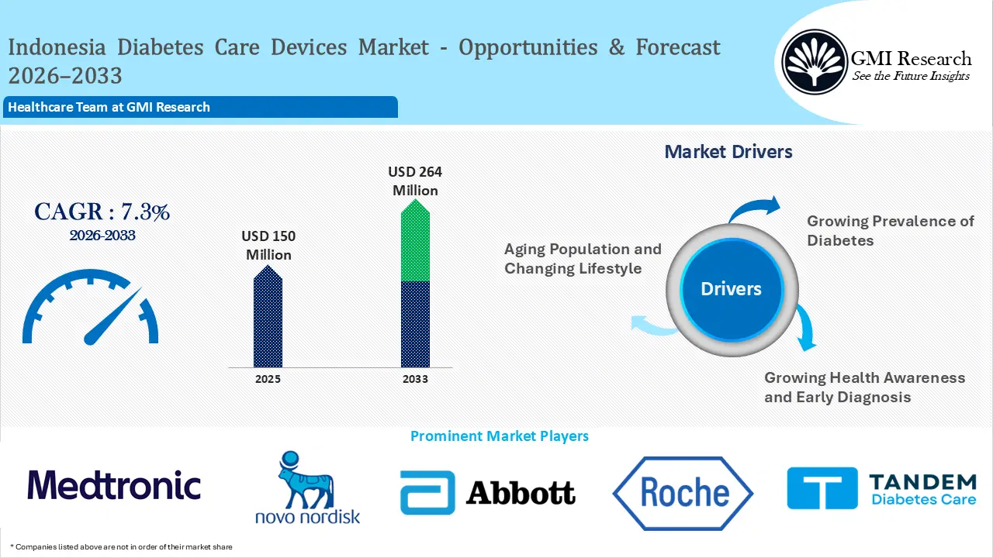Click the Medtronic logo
(114, 485)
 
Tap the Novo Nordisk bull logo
(307, 487)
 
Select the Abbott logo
(488, 492)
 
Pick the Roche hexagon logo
(683, 494)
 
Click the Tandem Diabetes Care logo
(882, 488)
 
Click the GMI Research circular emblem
(815, 62)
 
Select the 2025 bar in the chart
(268, 316)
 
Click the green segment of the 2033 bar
(415, 240)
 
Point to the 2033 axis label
(415, 379)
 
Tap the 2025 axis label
(268, 379)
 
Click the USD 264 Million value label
(415, 181)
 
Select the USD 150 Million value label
(268, 246)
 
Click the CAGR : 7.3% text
(102, 212)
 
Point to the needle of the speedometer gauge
(113, 316)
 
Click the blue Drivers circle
(732, 290)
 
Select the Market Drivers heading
(728, 152)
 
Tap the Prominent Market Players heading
(500, 436)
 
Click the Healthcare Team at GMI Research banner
(200, 107)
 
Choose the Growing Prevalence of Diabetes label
(890, 231)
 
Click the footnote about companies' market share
(121, 547)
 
